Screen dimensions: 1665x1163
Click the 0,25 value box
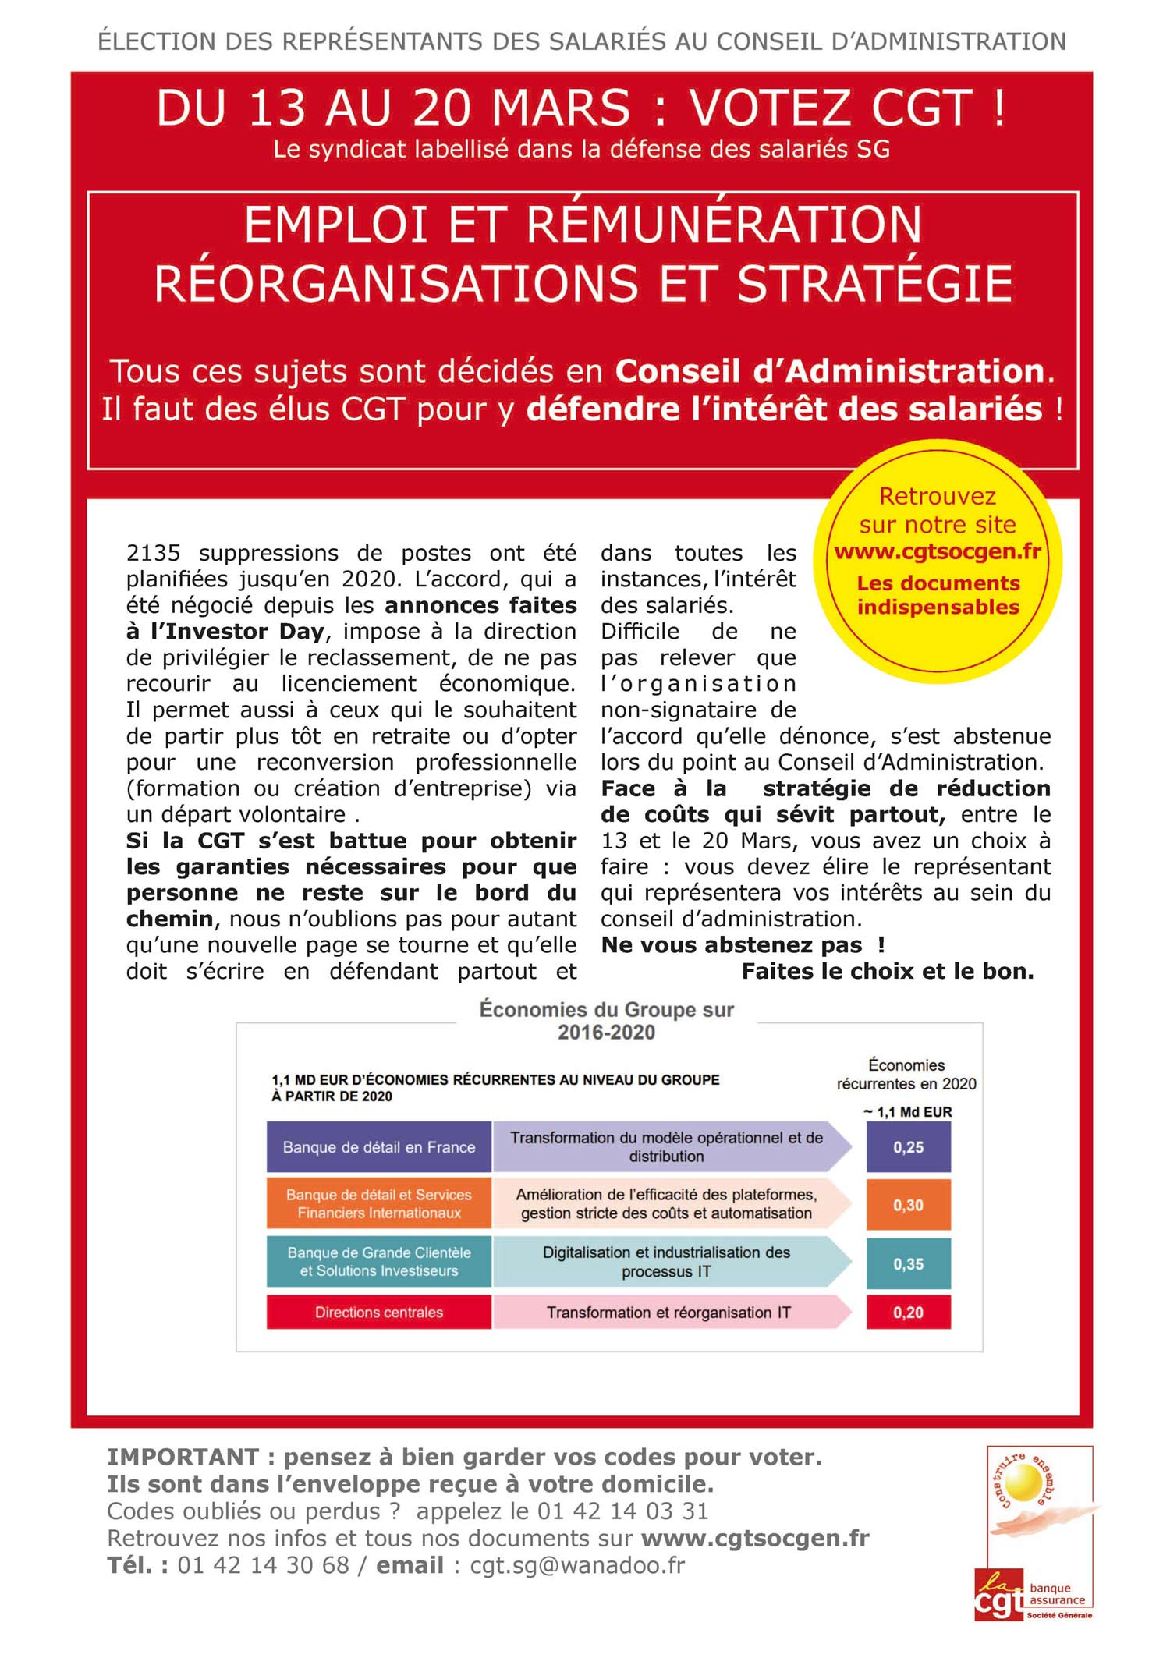tap(908, 1147)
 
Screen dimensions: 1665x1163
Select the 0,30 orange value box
tap(908, 1205)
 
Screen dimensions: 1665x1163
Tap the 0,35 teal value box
tap(908, 1263)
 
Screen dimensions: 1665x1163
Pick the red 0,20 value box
tap(908, 1313)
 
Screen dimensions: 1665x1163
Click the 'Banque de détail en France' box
tap(379, 1147)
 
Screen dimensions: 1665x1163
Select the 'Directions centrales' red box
tap(379, 1313)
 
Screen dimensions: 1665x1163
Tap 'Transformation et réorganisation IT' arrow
tap(668, 1313)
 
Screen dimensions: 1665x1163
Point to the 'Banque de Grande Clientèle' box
tap(379, 1262)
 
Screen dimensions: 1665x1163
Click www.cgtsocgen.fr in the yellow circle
tap(938, 552)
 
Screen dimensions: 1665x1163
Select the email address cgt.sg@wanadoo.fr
tap(577, 1565)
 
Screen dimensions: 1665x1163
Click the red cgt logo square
tap(998, 1596)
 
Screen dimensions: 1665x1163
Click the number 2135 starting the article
tap(153, 553)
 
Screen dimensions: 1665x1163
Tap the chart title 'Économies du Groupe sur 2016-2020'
tap(606, 1021)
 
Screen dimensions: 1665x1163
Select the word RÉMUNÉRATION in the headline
tap(724, 225)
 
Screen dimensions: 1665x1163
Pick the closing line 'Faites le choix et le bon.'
tap(888, 972)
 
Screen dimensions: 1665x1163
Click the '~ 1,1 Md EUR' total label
tap(908, 1112)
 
